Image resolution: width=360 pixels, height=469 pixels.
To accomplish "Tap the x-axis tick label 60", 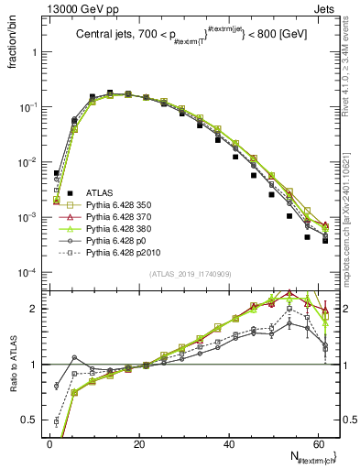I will click(317, 443).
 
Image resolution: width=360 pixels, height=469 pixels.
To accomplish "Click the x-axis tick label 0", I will click(49, 443).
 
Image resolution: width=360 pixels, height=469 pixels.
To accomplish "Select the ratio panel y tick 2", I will click(35, 309).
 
